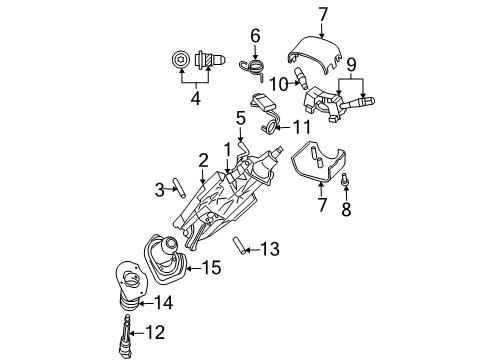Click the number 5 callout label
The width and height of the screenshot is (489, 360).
point(240,118)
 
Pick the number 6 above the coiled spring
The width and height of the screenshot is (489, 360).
point(255,36)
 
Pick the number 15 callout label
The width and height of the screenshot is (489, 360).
point(210,267)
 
